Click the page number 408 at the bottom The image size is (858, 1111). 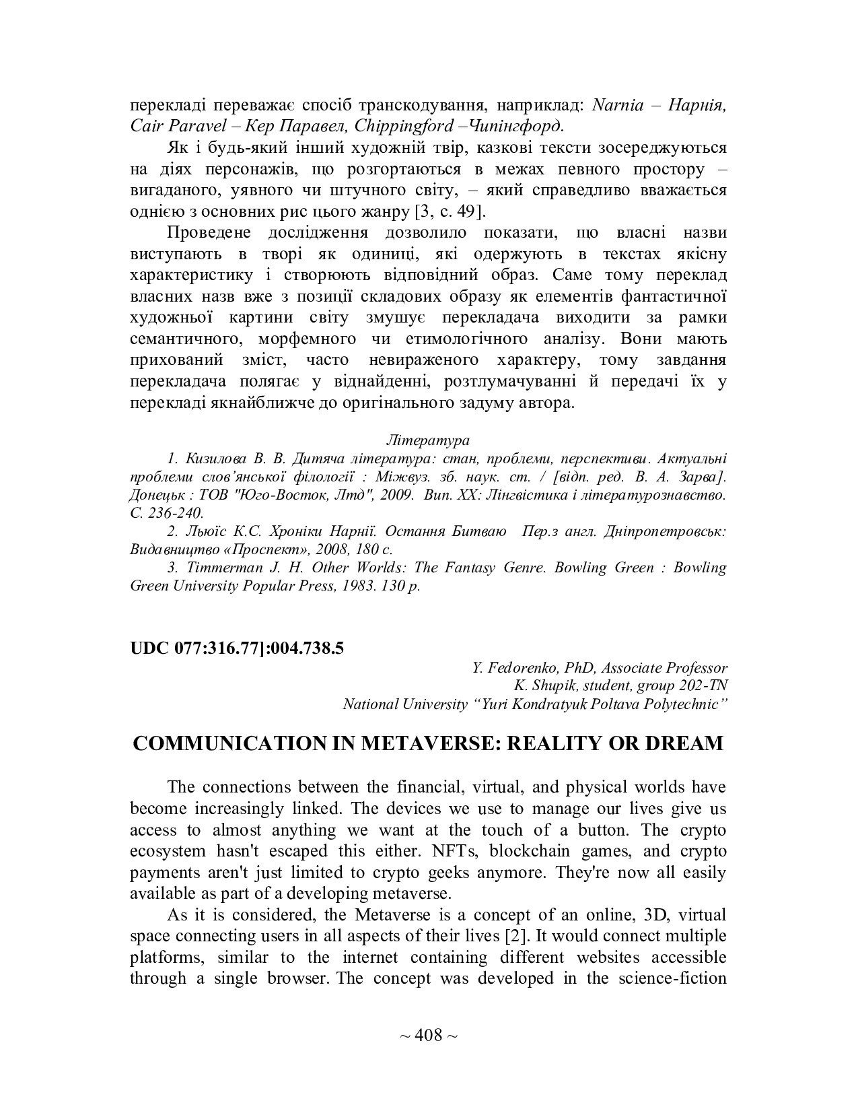[x=428, y=1035]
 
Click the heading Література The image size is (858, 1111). [x=428, y=440]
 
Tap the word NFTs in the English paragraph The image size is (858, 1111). [x=456, y=851]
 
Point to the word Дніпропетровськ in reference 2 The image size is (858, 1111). [x=664, y=531]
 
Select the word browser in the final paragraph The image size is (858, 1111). [x=297, y=978]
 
